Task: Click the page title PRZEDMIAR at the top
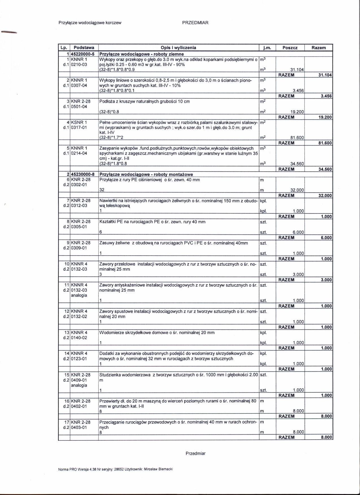(195, 23)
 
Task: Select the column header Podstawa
(84, 48)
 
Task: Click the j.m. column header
(267, 48)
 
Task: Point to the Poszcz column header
(290, 48)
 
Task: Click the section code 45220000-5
(82, 54)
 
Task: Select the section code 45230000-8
(82, 175)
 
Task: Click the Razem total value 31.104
(325, 75)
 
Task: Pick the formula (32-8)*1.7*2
(111, 138)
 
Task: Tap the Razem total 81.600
(325, 143)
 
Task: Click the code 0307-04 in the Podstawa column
(79, 85)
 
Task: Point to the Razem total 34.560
(325, 169)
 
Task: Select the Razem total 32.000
(325, 196)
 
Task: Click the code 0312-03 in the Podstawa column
(79, 206)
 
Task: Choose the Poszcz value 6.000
(298, 232)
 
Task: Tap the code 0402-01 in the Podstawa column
(79, 406)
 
